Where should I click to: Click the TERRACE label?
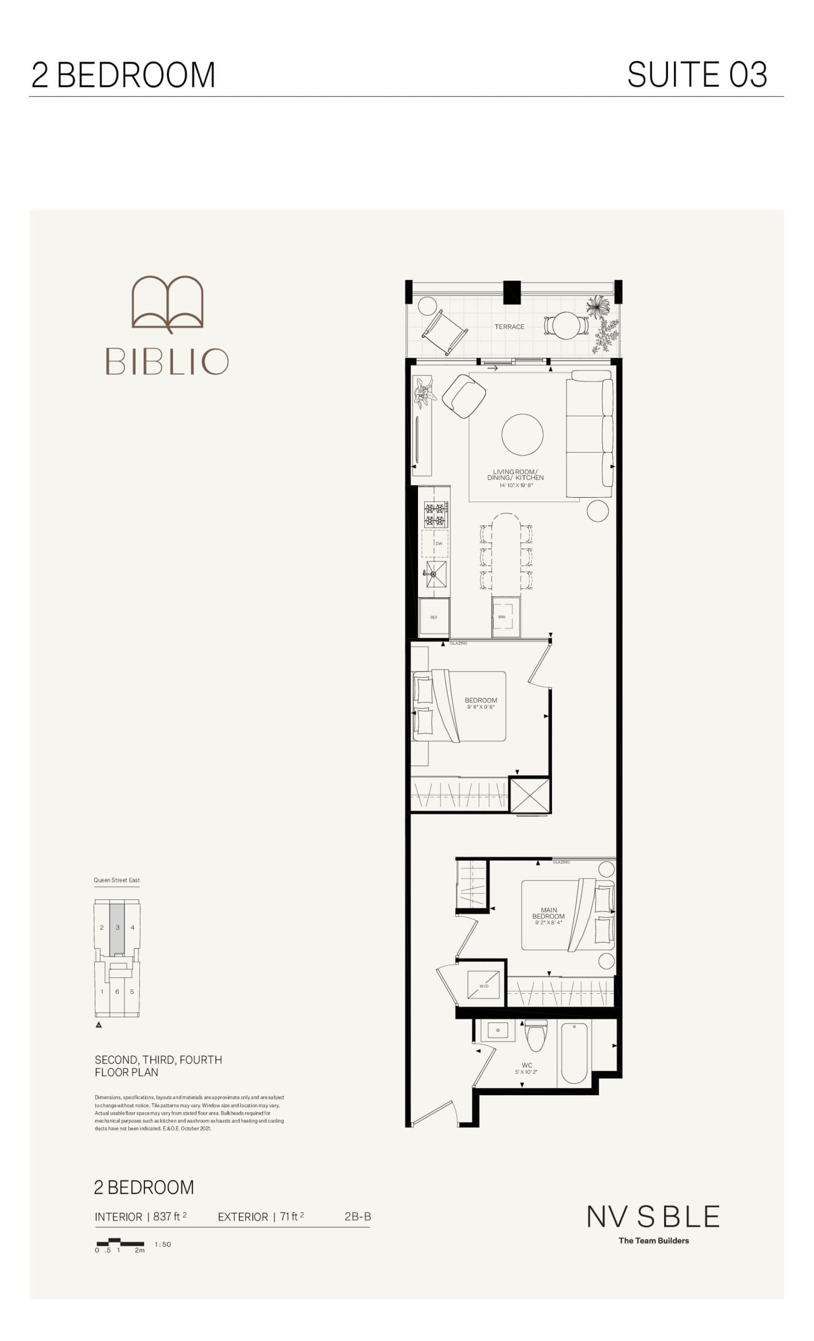pyautogui.click(x=509, y=326)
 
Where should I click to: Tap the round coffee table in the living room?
pyautogui.click(x=522, y=434)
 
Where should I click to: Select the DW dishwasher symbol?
pyautogui.click(x=438, y=543)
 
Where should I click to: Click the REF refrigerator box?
pyautogui.click(x=434, y=617)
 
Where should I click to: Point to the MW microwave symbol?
pyautogui.click(x=506, y=617)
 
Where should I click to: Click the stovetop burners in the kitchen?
pyautogui.click(x=436, y=515)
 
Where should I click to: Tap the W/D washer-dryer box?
pyautogui.click(x=483, y=985)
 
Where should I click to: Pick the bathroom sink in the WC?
pyautogui.click(x=498, y=1030)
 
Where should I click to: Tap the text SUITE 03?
pyautogui.click(x=697, y=74)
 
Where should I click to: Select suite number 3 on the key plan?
pyautogui.click(x=117, y=927)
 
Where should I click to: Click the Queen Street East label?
pyautogui.click(x=116, y=880)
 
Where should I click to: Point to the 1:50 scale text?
pyautogui.click(x=163, y=1244)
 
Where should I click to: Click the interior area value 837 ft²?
pyautogui.click(x=169, y=1217)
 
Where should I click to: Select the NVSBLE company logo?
pyautogui.click(x=653, y=1217)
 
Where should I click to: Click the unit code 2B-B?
pyautogui.click(x=357, y=1216)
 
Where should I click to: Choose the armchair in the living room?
pyautogui.click(x=464, y=395)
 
